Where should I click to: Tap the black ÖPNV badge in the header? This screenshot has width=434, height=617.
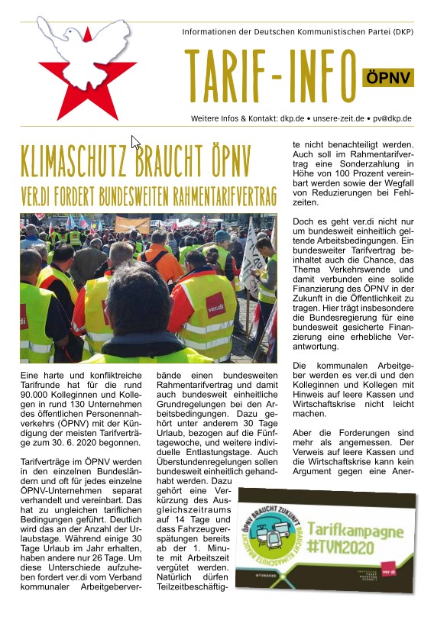[387, 76]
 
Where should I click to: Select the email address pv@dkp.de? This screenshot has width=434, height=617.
[392, 118]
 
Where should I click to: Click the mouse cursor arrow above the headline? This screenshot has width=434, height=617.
[135, 142]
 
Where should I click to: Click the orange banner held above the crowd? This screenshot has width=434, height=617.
[133, 225]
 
